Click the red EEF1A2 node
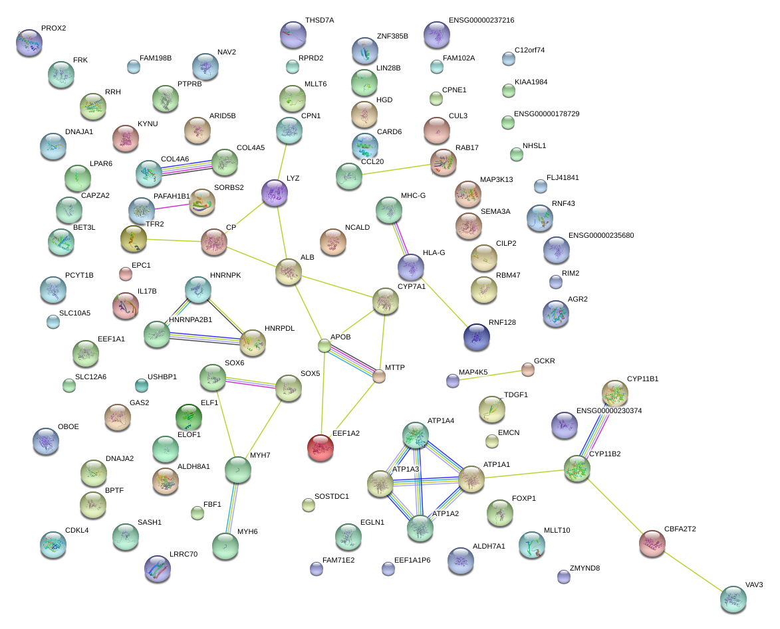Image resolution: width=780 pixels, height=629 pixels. [320, 447]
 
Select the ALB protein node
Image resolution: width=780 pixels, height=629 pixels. [288, 272]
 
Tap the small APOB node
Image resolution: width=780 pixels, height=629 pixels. [324, 345]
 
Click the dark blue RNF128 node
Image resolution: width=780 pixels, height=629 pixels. [476, 336]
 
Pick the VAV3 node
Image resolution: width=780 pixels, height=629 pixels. [733, 598]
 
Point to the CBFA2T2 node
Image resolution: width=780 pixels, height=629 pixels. [652, 543]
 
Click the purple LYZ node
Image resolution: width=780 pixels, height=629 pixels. [274, 192]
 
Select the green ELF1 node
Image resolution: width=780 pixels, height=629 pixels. [188, 416]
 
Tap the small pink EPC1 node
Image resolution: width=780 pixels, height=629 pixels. [125, 273]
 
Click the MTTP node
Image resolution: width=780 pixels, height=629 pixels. [378, 377]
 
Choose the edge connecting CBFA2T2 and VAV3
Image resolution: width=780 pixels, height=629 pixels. [692, 571]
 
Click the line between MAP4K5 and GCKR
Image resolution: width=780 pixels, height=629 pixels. [490, 375]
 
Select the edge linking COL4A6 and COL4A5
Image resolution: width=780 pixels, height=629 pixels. [186, 167]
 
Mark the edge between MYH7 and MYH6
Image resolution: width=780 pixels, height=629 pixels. [232, 508]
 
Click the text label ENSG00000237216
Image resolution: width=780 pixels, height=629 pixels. [481, 21]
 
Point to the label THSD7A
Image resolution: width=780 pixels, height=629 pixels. [319, 21]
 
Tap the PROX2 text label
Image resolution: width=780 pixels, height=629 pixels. [53, 29]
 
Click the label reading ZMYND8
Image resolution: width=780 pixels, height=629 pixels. [585, 568]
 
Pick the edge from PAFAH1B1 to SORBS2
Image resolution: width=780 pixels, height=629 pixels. [170, 207]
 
